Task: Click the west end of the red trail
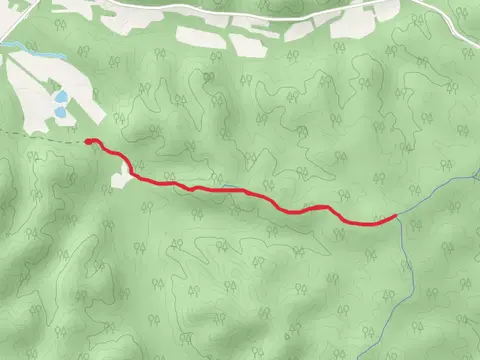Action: point(89,142)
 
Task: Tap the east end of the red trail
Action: point(396,215)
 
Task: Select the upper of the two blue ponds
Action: point(61,98)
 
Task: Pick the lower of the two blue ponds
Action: point(61,113)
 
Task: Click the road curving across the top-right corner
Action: point(440,22)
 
